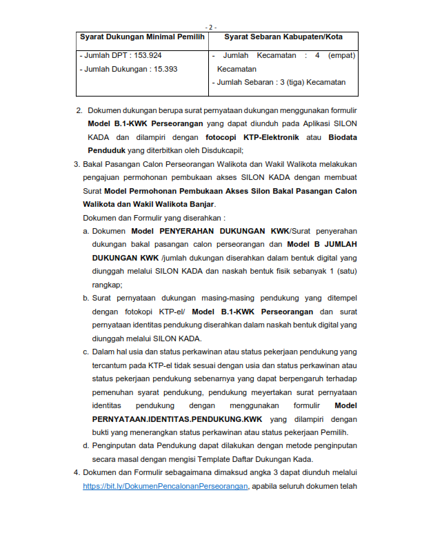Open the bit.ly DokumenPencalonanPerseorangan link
click(165, 486)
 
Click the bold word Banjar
click(200, 204)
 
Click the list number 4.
click(77, 472)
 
